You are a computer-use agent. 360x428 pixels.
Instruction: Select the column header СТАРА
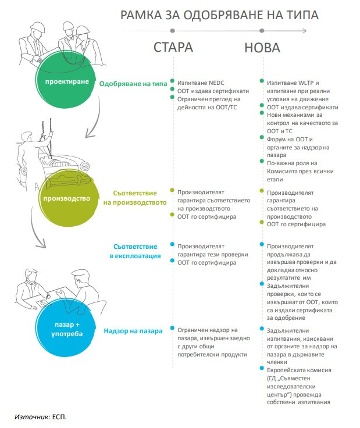173,47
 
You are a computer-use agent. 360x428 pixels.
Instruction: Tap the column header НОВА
261,47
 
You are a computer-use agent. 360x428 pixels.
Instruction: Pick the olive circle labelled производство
66,198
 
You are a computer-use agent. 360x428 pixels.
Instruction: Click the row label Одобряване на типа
133,84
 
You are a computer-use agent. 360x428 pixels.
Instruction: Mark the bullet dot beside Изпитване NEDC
172,82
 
